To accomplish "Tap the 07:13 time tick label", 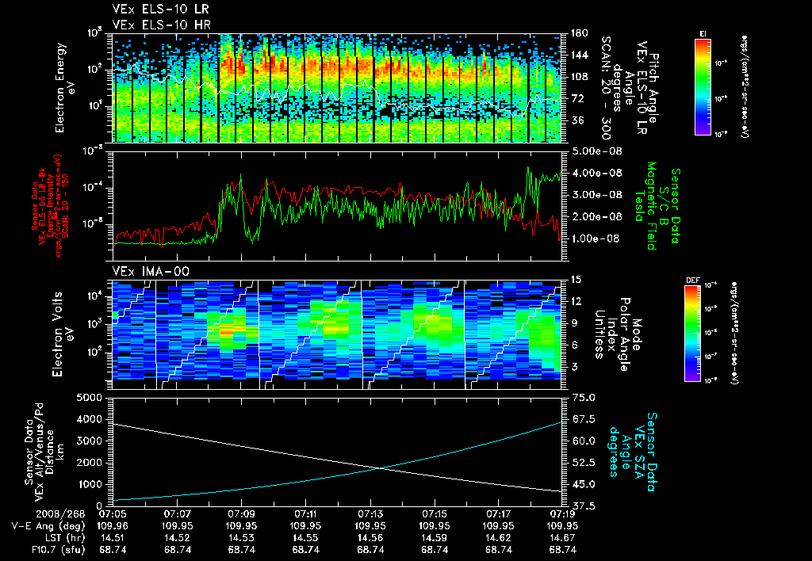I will point(371,513).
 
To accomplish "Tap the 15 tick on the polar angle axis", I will point(576,279).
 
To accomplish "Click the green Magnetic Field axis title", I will point(649,205).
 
